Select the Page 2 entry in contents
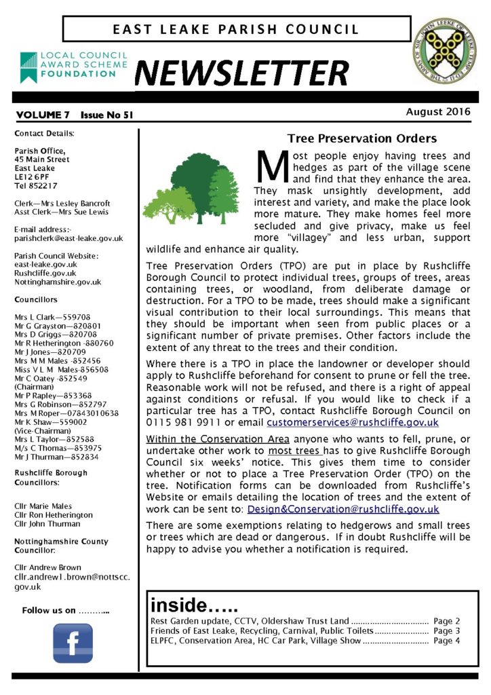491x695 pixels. tap(447, 620)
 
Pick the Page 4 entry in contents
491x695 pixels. tap(447, 640)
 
